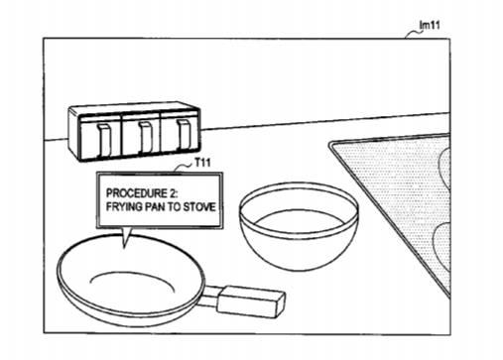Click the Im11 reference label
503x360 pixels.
point(430,25)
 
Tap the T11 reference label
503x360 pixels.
point(202,163)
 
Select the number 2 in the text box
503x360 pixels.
point(174,193)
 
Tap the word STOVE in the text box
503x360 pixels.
point(199,207)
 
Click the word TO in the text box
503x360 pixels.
point(177,207)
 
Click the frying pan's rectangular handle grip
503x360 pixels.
point(250,302)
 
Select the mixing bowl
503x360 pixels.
point(299,226)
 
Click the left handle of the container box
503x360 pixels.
point(103,139)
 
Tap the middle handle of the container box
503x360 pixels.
point(145,137)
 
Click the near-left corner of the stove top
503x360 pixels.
point(330,145)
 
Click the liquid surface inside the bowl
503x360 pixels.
point(299,221)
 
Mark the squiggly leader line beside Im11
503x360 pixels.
point(412,35)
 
